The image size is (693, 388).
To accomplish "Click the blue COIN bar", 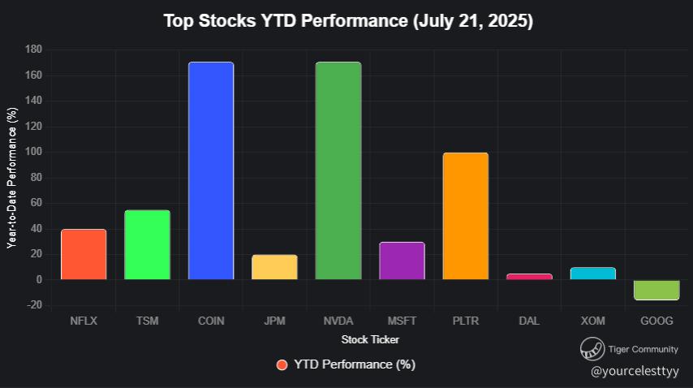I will coord(211,170).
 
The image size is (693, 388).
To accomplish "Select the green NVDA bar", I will coord(338,170).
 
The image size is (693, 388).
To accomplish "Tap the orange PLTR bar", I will coord(466,216).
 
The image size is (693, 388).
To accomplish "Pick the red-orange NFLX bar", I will coord(84,254).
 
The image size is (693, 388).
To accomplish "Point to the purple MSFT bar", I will coord(402,261).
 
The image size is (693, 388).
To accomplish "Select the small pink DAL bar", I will coord(529,277).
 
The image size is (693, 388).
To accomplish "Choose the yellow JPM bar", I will coord(274,267).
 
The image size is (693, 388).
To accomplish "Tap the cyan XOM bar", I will coord(593,274).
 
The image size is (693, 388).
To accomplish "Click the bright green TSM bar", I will coord(147,244).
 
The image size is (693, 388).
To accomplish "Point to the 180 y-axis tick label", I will coord(33,50).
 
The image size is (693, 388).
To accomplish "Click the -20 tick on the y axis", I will coord(33,305).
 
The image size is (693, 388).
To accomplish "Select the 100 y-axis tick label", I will coord(33,152).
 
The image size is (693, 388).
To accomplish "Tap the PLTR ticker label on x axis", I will coord(466,321).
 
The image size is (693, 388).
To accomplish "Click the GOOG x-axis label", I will coord(656,321).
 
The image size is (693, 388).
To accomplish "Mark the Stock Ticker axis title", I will coord(370,339).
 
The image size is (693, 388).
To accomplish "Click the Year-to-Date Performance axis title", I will coord(12,178).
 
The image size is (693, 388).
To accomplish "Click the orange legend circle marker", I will coord(282,364).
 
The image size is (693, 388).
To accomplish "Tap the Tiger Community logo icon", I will coord(591,350).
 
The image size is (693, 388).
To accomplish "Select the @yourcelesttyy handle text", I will coord(635,371).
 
